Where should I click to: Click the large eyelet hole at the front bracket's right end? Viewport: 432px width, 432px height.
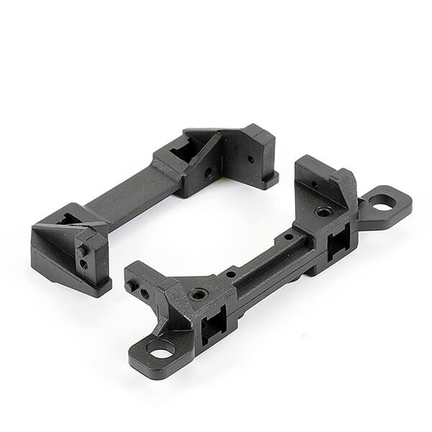click(x=382, y=202)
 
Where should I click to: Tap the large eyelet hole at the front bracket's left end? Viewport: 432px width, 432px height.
click(x=160, y=351)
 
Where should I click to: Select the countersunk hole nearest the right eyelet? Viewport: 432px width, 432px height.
click(x=324, y=212)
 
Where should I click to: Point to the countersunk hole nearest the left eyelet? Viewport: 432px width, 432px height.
click(x=197, y=294)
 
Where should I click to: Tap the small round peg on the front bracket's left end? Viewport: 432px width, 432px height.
click(x=132, y=287)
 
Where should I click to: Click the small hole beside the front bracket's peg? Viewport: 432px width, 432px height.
click(x=145, y=294)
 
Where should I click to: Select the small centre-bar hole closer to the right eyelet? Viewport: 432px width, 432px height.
click(x=288, y=236)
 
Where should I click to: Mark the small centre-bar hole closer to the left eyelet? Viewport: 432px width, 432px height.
click(x=230, y=274)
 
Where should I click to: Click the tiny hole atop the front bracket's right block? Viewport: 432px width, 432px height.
click(x=315, y=184)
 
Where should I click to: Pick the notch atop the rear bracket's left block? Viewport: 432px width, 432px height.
click(x=68, y=217)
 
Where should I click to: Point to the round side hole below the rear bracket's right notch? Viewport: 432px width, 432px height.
click(x=209, y=173)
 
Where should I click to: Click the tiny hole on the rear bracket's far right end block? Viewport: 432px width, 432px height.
click(x=251, y=159)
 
